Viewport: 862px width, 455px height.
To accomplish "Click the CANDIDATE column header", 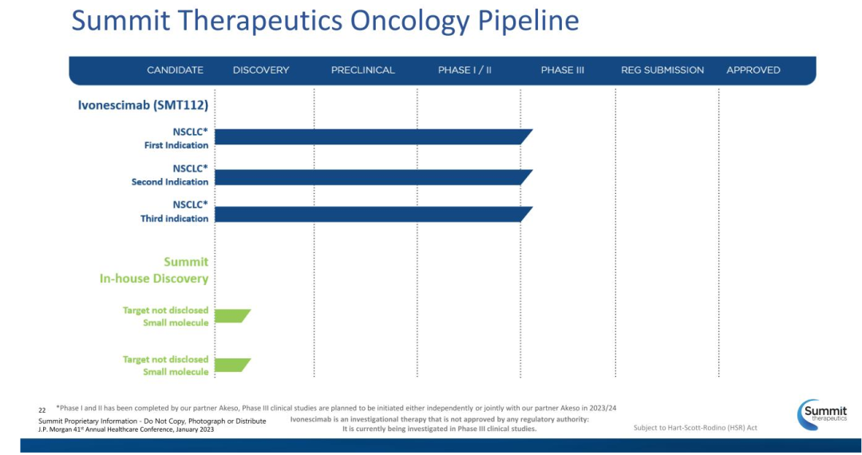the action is (x=175, y=70).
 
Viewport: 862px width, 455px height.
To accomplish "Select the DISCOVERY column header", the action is (x=260, y=70).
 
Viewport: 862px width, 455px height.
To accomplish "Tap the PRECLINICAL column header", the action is (x=363, y=70).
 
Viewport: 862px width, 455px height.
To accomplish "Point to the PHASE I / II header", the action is (x=465, y=70).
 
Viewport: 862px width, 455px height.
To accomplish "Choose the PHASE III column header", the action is (x=563, y=70).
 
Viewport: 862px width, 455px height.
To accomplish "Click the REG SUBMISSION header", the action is (x=662, y=70).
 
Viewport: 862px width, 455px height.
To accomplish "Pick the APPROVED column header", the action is (x=753, y=70).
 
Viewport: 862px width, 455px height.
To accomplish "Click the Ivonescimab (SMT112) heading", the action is (x=143, y=105).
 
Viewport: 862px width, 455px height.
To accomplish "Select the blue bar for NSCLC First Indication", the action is (x=374, y=136).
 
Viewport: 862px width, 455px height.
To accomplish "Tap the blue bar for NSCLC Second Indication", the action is (x=374, y=177).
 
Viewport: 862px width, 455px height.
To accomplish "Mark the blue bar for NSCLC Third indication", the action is (x=374, y=214).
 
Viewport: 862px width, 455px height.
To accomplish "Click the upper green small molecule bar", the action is (x=231, y=316).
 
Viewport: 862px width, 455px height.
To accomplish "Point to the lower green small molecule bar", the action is (x=231, y=366).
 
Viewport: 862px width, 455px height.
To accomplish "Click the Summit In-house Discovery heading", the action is (x=154, y=270).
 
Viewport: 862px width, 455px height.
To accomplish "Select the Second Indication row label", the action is (x=170, y=182).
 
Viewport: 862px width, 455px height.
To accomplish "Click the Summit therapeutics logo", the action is (x=822, y=414).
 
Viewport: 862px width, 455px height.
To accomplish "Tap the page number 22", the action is (x=42, y=410).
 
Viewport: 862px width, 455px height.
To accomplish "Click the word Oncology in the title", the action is (x=410, y=21).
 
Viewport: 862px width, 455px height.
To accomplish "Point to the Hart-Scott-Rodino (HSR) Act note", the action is (x=695, y=428).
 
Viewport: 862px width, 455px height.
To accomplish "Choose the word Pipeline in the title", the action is (x=528, y=21).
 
